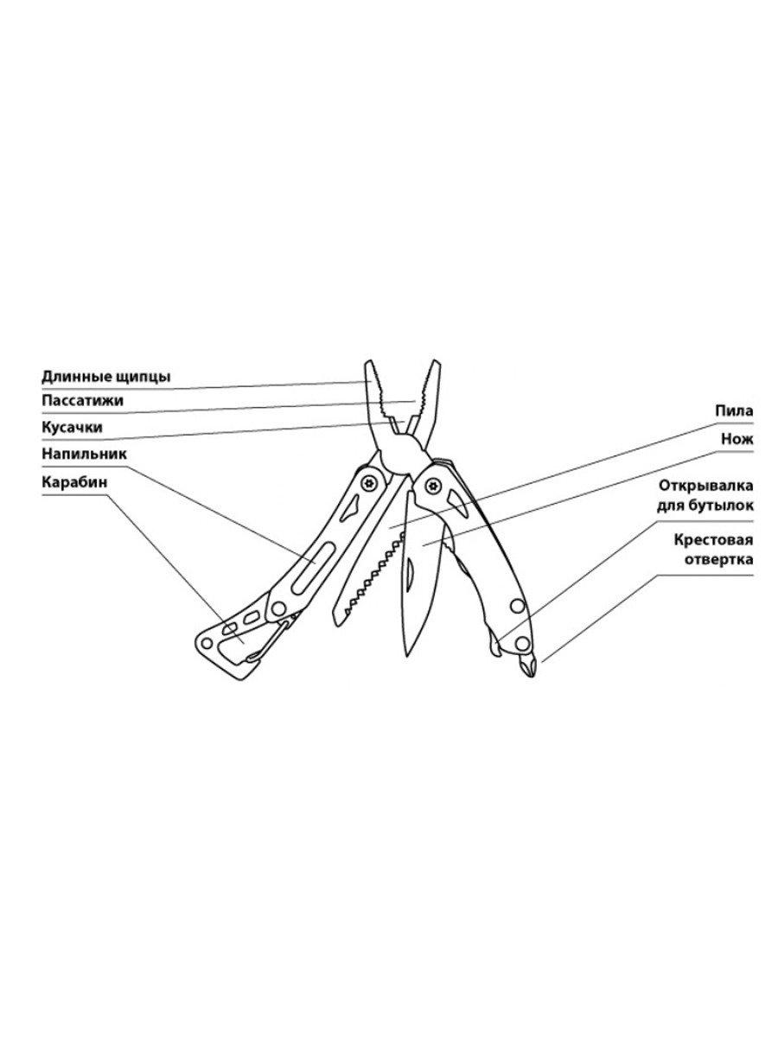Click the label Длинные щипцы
105,377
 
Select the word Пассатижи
83,401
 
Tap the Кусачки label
72,427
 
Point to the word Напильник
84,454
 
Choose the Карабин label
74,482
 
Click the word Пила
734,411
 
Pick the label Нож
737,439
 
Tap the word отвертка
719,560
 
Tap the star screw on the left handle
368,483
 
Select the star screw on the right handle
431,485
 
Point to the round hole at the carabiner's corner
207,643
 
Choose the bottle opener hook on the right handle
491,643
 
